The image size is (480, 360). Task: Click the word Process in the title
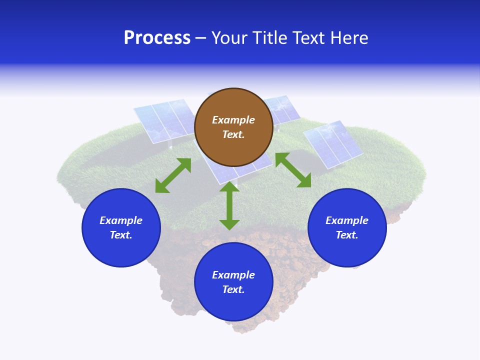(x=157, y=38)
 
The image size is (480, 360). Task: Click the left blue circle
(x=121, y=227)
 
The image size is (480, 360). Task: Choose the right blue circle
(x=347, y=227)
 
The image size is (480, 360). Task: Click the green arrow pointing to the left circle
(x=173, y=175)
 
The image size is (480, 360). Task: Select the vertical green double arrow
(x=229, y=206)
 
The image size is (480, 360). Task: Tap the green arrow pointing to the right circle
(x=293, y=170)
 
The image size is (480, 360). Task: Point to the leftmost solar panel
(x=160, y=122)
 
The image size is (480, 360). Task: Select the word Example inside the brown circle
(x=233, y=120)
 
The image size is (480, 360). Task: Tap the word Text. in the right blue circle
(x=347, y=235)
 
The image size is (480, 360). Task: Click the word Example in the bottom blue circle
(x=233, y=275)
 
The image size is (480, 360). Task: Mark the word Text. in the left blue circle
(x=121, y=235)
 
